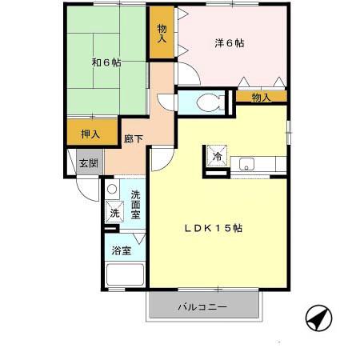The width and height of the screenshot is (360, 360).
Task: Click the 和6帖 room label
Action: coord(106,62)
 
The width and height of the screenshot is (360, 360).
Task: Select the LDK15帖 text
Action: coord(214,228)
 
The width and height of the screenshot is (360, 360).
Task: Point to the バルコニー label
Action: coord(202,307)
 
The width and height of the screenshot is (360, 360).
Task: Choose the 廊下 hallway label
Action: coord(133,139)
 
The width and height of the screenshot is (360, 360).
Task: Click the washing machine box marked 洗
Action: coord(114,213)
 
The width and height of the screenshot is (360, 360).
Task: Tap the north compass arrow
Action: coord(318,319)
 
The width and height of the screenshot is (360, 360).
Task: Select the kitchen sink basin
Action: coord(246,165)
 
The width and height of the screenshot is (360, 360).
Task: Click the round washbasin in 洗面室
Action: coord(112,190)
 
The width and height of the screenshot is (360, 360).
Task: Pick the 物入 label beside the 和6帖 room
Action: coord(162,34)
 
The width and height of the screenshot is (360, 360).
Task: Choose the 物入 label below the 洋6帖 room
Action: coord(261,97)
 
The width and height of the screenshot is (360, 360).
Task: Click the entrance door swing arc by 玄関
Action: coord(84,192)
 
